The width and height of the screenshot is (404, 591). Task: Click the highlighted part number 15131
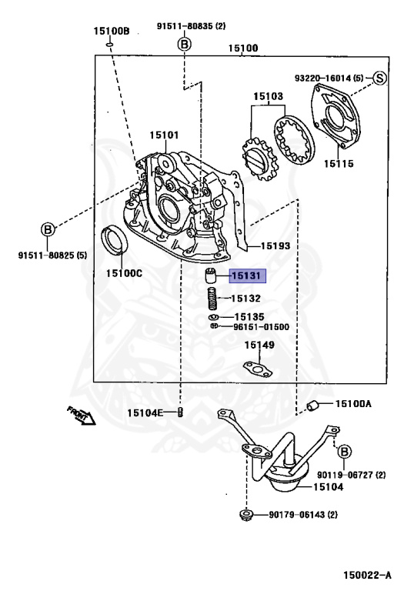click(x=246, y=276)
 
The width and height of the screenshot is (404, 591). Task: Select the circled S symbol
click(x=379, y=78)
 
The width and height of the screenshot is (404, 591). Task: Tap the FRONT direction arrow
click(x=81, y=416)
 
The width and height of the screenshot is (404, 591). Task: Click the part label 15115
click(x=339, y=164)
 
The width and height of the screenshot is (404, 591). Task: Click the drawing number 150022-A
click(x=367, y=575)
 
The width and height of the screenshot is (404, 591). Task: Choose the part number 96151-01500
click(x=261, y=327)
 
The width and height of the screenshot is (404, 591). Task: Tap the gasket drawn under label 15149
click(x=258, y=369)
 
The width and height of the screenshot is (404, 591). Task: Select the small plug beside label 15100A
click(x=312, y=406)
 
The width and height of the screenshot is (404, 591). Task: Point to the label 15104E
click(x=145, y=413)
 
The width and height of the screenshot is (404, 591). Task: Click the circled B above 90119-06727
click(x=344, y=451)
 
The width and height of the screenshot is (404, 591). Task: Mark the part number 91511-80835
click(x=185, y=26)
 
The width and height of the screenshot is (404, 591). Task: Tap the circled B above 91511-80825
click(x=48, y=229)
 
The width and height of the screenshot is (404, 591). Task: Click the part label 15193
click(x=275, y=245)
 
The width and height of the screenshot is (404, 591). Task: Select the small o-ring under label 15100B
click(x=110, y=45)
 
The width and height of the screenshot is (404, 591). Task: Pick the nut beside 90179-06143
click(x=245, y=515)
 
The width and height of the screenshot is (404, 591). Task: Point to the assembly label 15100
click(x=243, y=48)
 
